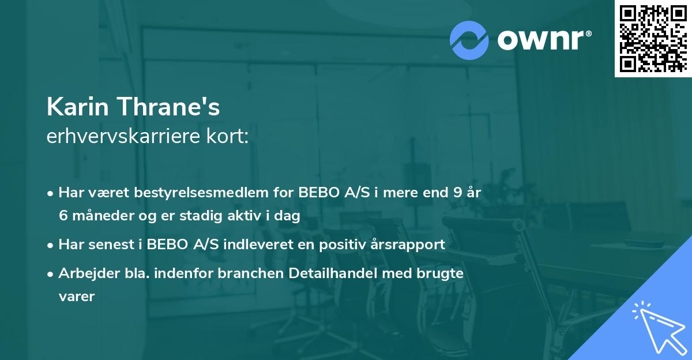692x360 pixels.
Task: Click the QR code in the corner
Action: pos(653,38)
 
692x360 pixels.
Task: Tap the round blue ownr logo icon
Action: pos(469,40)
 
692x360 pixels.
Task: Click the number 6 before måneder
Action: pos(63,216)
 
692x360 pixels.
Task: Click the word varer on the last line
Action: pos(76,297)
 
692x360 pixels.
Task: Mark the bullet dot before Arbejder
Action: pos(51,274)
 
